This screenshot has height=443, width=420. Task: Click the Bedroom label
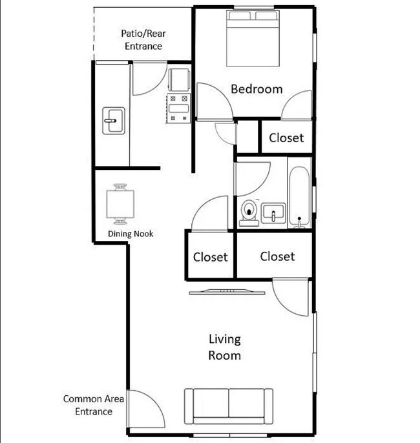(257, 89)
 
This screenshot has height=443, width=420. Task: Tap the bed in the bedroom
(253, 39)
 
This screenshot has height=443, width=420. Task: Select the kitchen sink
(114, 121)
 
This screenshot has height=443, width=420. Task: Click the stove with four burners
(178, 108)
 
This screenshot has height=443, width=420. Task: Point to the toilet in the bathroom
(249, 213)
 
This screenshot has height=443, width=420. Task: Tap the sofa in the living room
(229, 406)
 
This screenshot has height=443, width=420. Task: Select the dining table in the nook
(120, 204)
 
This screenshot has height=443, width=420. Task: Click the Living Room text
(225, 347)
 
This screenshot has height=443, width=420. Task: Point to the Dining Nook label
(131, 234)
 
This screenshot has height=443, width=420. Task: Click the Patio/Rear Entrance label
(143, 39)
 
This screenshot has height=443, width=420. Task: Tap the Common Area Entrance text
(94, 405)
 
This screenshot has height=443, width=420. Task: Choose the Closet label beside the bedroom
(286, 138)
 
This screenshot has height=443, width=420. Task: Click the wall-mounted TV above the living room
(227, 292)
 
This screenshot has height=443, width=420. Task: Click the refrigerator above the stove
(179, 79)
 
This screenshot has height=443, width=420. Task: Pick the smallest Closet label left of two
(210, 257)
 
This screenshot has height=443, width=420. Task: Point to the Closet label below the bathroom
(277, 256)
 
